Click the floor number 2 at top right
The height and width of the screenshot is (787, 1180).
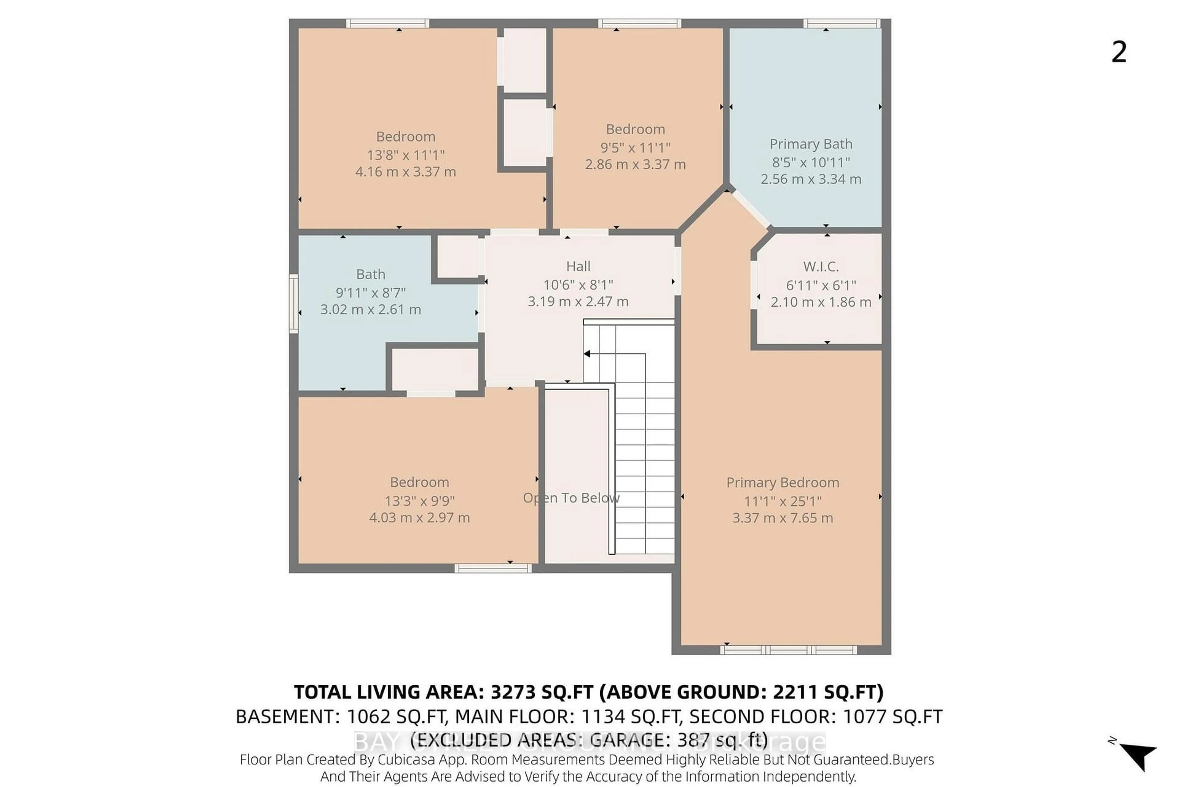[1119, 52]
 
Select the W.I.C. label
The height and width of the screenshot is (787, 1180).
[820, 267]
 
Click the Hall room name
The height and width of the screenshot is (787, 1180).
[578, 267]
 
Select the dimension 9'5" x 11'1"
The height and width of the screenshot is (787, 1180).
[635, 147]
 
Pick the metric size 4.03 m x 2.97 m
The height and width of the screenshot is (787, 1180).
[419, 518]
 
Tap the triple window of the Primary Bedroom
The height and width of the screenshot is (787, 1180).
[788, 650]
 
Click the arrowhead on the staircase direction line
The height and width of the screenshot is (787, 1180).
[587, 354]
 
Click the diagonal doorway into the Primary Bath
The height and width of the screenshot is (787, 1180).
[750, 210]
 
